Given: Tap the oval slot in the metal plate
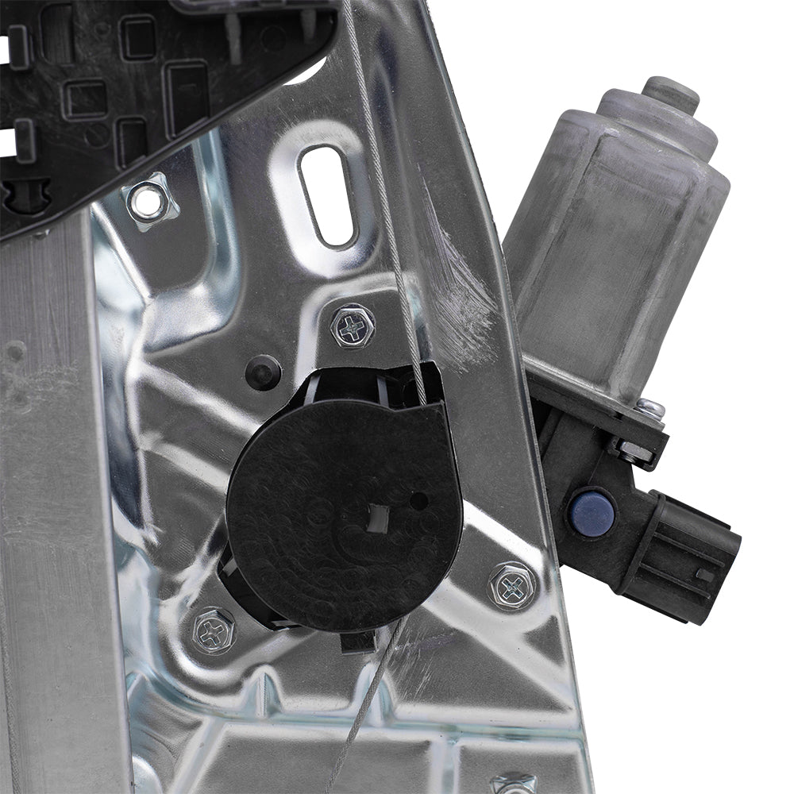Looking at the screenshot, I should pyautogui.click(x=326, y=195).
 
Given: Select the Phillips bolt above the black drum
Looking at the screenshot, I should pyautogui.click(x=353, y=326).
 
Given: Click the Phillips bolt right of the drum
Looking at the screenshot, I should pyautogui.click(x=512, y=586).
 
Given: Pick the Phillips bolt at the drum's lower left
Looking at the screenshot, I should pyautogui.click(x=214, y=630).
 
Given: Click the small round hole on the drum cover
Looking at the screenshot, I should pyautogui.click(x=419, y=501).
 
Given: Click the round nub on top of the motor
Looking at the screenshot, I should pyautogui.click(x=671, y=94).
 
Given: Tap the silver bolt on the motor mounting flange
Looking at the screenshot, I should pyautogui.click(x=649, y=409).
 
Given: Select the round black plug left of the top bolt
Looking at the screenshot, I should pyautogui.click(x=263, y=372).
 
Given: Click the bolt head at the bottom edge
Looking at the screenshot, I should pyautogui.click(x=512, y=784).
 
